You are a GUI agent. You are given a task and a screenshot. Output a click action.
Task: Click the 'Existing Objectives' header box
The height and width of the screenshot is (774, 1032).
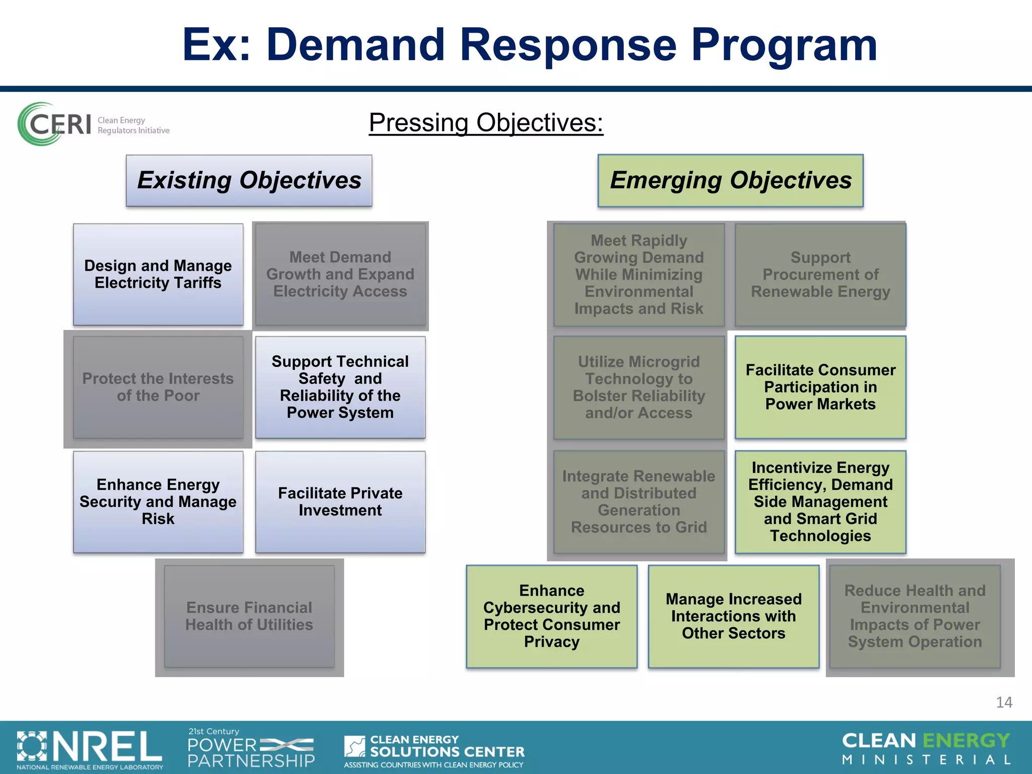point(249,180)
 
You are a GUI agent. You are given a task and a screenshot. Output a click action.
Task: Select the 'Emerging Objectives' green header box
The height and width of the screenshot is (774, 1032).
point(730,180)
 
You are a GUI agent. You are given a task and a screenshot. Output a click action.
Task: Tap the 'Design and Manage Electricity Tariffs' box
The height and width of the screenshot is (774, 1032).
point(158,275)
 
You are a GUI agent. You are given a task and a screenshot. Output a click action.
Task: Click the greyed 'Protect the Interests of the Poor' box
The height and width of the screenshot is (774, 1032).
point(158,387)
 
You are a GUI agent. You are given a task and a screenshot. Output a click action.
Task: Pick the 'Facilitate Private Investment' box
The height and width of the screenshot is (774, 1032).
point(340,502)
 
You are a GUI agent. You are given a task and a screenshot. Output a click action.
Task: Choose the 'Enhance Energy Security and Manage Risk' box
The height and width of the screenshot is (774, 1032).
point(158,502)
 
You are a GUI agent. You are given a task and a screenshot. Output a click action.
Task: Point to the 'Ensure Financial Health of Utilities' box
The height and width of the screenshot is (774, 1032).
point(249,616)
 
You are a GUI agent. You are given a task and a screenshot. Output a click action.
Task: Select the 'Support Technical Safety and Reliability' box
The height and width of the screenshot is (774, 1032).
point(340,387)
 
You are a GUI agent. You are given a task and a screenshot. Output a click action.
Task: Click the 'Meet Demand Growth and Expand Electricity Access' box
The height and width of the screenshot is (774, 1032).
point(340,275)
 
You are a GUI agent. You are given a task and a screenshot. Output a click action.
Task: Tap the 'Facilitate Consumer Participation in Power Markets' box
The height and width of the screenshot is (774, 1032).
point(820,387)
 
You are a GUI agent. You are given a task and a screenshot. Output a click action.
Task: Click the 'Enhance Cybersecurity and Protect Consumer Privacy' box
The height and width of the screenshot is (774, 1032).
point(552,616)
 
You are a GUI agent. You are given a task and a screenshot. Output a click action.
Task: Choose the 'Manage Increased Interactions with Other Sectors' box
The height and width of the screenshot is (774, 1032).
point(734,616)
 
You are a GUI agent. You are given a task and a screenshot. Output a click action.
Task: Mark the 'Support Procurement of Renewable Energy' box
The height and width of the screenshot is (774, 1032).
point(820,275)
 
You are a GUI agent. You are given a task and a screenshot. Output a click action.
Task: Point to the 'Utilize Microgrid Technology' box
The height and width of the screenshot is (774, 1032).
point(639,387)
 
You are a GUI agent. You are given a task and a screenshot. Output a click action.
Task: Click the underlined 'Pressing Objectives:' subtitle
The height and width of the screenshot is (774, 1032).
point(486,123)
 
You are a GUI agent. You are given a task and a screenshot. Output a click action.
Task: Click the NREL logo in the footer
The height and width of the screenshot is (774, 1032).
point(90,749)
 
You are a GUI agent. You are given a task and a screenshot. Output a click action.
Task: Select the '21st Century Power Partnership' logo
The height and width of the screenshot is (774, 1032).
point(251,748)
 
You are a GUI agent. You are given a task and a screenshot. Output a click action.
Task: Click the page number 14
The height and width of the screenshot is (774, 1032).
point(1004,702)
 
